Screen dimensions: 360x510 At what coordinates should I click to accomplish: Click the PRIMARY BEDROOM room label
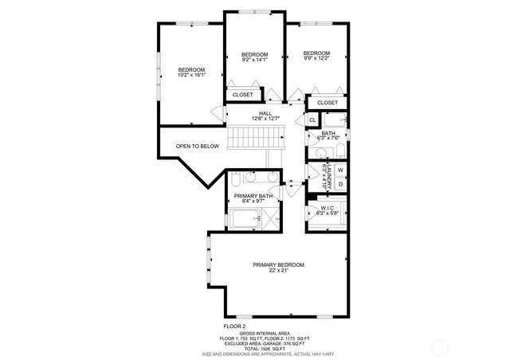point(278,264)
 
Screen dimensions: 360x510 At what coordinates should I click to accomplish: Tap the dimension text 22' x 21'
point(278,271)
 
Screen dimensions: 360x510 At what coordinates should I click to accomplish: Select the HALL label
point(265,113)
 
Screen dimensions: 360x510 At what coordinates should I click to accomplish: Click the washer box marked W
point(340,170)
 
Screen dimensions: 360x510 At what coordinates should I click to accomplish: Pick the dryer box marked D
point(340,184)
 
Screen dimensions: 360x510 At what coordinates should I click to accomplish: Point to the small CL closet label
point(313,120)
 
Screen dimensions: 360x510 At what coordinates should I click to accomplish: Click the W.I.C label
point(328,207)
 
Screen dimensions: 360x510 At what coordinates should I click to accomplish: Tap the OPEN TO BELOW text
point(198,146)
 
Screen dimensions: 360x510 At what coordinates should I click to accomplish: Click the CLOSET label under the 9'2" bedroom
point(243,95)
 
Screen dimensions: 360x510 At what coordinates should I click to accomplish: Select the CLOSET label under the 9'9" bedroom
point(328,103)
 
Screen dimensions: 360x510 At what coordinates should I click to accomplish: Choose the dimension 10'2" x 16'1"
point(192,75)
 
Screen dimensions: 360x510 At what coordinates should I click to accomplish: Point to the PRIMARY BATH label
point(253,196)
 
